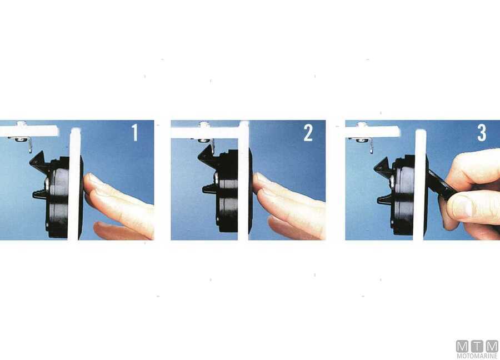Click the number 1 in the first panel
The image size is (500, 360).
[135, 133]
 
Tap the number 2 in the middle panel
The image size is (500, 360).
[308, 133]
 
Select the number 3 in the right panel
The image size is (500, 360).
[482, 133]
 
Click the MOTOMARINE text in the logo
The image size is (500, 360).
[477, 356]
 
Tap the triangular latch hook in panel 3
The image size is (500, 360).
[383, 166]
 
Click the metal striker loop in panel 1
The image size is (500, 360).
[30, 144]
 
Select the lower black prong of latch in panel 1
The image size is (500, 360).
[40, 193]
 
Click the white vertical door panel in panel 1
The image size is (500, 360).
[74, 184]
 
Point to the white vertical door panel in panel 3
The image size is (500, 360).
[420, 185]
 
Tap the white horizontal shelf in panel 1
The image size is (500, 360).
[29, 131]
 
